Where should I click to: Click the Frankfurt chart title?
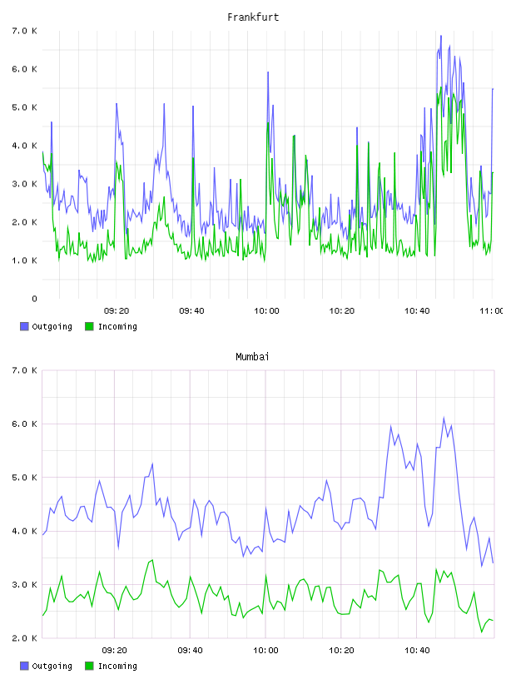pos(253,17)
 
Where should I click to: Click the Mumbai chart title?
pos(252,356)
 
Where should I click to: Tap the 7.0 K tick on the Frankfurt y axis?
pos(25,31)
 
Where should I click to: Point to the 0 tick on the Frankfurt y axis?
pos(34,299)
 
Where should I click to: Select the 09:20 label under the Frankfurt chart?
pos(117,310)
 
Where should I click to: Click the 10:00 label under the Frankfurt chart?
pos(266,310)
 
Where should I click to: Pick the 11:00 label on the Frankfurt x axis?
pos(493,310)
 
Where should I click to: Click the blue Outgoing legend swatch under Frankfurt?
pos(24,326)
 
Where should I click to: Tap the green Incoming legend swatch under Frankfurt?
pos(89,326)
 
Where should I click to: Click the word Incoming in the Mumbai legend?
pos(117,666)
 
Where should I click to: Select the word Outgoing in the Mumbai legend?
pos(52,666)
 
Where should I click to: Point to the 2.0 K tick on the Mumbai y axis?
pos(25,638)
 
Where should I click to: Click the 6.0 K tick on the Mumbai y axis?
pos(25,424)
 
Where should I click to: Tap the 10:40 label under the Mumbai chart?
pos(417,650)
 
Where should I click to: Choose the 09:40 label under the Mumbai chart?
pos(191,650)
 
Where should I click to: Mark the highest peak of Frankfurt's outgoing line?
pos(441,36)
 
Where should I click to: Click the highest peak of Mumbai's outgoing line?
pos(444,418)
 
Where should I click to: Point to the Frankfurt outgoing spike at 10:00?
pos(268,72)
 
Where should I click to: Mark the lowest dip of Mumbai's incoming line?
pos(482,632)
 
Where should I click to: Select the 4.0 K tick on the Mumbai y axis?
pos(25,531)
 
